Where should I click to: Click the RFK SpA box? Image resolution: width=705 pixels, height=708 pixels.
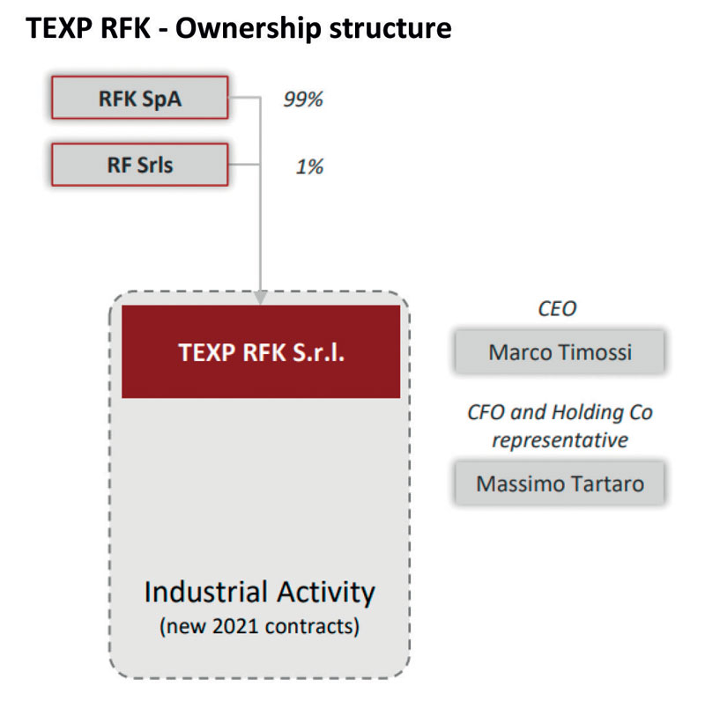[x=139, y=98]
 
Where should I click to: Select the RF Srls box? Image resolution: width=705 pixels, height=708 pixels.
[x=139, y=165]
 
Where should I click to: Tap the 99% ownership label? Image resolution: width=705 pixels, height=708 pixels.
[x=303, y=100]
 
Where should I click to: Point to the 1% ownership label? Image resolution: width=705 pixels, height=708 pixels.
[x=309, y=166]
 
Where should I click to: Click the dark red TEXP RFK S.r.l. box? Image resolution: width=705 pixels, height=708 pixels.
[x=261, y=351]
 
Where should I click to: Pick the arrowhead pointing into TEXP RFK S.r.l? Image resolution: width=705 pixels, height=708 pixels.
[x=260, y=298]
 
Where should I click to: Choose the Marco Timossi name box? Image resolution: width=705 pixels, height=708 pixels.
[x=560, y=351]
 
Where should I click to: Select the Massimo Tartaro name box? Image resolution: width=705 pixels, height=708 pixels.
[x=560, y=483]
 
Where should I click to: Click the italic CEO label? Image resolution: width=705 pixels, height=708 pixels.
[x=557, y=309]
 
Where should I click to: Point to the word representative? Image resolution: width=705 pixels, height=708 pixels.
[x=560, y=440]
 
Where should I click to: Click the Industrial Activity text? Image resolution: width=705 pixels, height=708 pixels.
[x=260, y=592]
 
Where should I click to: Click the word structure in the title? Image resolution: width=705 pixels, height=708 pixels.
[x=390, y=28]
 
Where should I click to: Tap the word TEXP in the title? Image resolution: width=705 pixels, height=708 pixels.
[x=59, y=28]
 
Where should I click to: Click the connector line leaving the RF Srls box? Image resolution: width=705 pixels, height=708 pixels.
[x=244, y=165]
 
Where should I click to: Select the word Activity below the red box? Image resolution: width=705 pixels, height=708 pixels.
[x=326, y=592]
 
